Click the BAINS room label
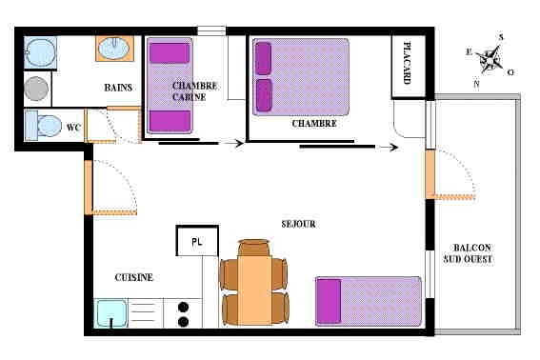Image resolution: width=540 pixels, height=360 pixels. (118, 88)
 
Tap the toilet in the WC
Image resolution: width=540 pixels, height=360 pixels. (44, 126)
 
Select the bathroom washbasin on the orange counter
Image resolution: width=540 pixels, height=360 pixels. (114, 49)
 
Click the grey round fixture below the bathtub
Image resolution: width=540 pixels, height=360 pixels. (36, 89)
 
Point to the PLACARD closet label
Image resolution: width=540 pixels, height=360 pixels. (407, 63)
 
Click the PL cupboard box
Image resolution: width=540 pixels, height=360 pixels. (197, 241)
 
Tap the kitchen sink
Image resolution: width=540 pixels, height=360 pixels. (110, 313)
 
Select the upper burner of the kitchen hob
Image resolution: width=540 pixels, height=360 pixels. (183, 307)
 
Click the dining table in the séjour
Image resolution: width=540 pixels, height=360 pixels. (254, 284)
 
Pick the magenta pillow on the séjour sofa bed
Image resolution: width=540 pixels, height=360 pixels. (330, 302)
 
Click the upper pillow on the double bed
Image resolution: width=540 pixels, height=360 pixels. (264, 58)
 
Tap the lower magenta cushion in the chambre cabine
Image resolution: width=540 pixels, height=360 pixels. (170, 121)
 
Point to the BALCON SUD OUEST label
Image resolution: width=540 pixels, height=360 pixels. (468, 253)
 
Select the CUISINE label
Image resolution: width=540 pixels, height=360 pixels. (134, 277)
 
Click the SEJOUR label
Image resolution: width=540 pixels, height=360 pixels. (299, 224)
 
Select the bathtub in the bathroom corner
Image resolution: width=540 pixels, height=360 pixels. (40, 52)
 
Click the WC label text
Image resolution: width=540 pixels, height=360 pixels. (73, 128)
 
